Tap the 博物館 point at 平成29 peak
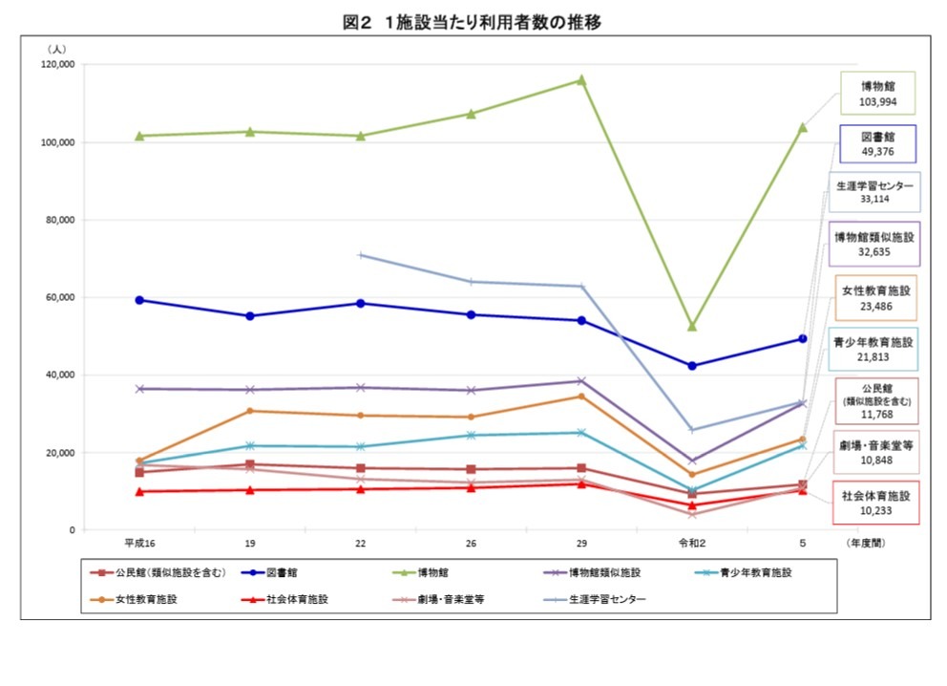[x=580, y=80]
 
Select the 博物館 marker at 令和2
[x=692, y=326]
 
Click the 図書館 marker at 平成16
[x=139, y=300]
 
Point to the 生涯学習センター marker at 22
[x=360, y=255]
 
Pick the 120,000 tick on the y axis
[x=56, y=65]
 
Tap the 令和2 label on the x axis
[x=692, y=543]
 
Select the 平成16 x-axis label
[x=139, y=543]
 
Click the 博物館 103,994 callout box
[x=876, y=94]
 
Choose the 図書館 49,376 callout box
[x=876, y=144]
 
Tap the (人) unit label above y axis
[x=56, y=48]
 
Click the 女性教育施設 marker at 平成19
[x=250, y=411]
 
